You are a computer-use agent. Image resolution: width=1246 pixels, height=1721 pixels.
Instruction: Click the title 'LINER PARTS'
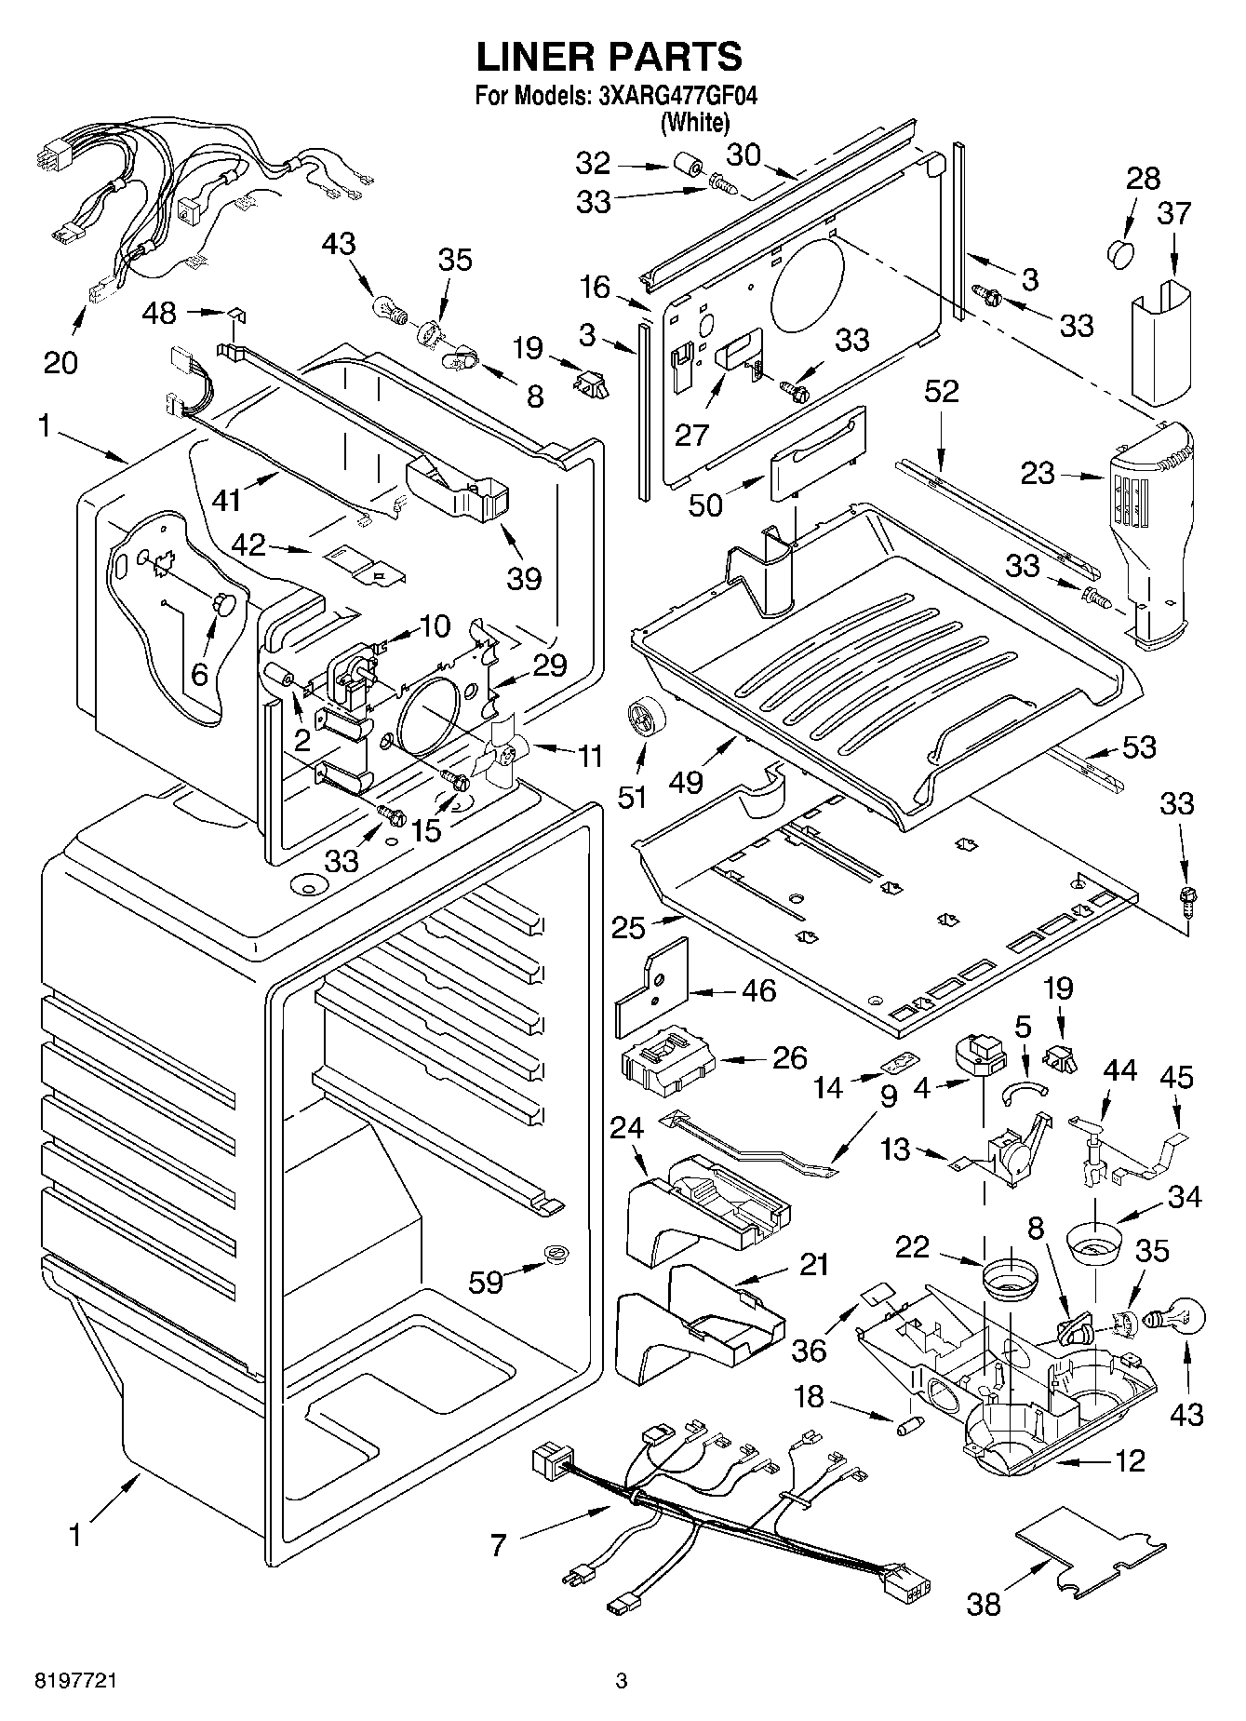pyautogui.click(x=610, y=57)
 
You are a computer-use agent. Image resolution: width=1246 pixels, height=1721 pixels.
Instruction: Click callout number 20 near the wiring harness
pyautogui.click(x=61, y=361)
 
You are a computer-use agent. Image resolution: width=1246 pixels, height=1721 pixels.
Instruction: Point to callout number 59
pyautogui.click(x=486, y=1282)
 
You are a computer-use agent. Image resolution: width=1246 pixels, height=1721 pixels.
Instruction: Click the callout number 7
pyautogui.click(x=499, y=1546)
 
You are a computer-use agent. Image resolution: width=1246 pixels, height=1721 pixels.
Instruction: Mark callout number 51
pyautogui.click(x=640, y=787)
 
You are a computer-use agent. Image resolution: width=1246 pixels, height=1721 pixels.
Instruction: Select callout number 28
pyautogui.click(x=1143, y=178)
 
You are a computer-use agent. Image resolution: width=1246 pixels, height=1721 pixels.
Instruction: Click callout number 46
pyautogui.click(x=758, y=990)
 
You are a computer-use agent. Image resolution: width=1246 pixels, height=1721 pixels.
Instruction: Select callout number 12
pyautogui.click(x=1130, y=1461)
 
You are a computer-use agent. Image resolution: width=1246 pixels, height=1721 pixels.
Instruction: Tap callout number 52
pyautogui.click(x=942, y=391)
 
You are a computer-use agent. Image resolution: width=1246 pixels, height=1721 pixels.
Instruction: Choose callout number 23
pyautogui.click(x=1038, y=473)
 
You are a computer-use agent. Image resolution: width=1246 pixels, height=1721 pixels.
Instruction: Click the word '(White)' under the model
pyautogui.click(x=694, y=121)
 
